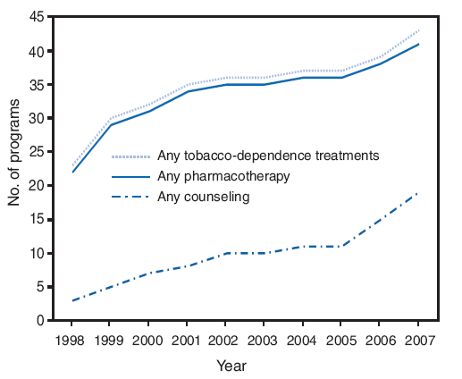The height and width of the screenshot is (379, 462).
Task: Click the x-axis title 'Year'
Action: tap(231, 366)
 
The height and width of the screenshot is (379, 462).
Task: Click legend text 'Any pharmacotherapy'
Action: tap(223, 176)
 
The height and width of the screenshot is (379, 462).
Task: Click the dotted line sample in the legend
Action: tap(129, 156)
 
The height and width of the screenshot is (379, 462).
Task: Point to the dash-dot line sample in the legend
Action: tap(129, 197)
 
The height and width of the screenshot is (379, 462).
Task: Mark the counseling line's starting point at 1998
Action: tap(71, 300)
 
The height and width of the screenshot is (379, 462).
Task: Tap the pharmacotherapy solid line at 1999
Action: tap(109, 125)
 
